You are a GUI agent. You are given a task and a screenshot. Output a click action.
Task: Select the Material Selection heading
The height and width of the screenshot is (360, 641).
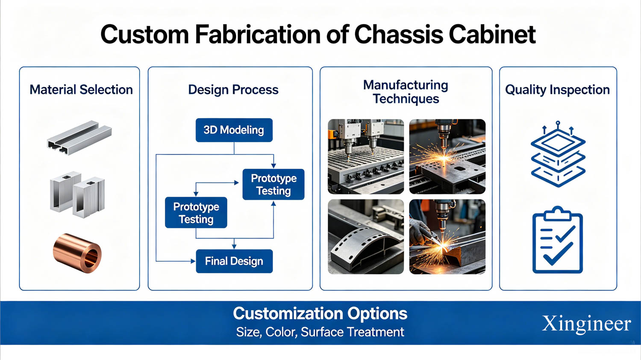[81, 90]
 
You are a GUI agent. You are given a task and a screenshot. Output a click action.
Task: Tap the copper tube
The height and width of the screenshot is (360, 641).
[77, 253]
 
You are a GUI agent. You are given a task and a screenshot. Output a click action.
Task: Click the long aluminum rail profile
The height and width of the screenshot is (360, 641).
[79, 138]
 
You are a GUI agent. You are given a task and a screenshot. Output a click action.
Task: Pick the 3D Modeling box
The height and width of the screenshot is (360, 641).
[234, 130]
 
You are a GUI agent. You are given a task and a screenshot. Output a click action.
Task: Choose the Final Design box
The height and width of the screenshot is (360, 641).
[234, 261]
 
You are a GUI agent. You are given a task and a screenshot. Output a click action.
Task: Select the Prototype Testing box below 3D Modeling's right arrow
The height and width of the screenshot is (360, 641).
[273, 184]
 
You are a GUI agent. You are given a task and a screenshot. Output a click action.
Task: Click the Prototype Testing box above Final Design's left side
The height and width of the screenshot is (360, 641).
[196, 212]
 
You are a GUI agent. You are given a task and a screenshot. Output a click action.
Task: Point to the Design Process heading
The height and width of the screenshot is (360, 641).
[233, 90]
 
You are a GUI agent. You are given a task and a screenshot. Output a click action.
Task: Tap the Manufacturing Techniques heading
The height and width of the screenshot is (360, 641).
[406, 92]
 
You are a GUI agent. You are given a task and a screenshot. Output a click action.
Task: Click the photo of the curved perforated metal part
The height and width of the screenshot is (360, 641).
[366, 237]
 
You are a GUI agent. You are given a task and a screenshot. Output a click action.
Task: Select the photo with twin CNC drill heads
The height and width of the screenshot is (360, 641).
[366, 156]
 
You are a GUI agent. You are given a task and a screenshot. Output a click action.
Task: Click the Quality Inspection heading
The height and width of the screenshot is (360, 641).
[557, 90]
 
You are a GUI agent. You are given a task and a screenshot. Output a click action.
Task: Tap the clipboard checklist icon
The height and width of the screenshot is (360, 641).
[557, 240]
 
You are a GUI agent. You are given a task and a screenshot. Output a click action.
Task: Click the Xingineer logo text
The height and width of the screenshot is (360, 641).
[586, 324]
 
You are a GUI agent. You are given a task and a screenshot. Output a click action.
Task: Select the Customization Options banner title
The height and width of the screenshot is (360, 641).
[320, 313]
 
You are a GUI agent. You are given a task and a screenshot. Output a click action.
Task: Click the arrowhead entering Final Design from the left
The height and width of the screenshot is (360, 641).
[193, 261]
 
